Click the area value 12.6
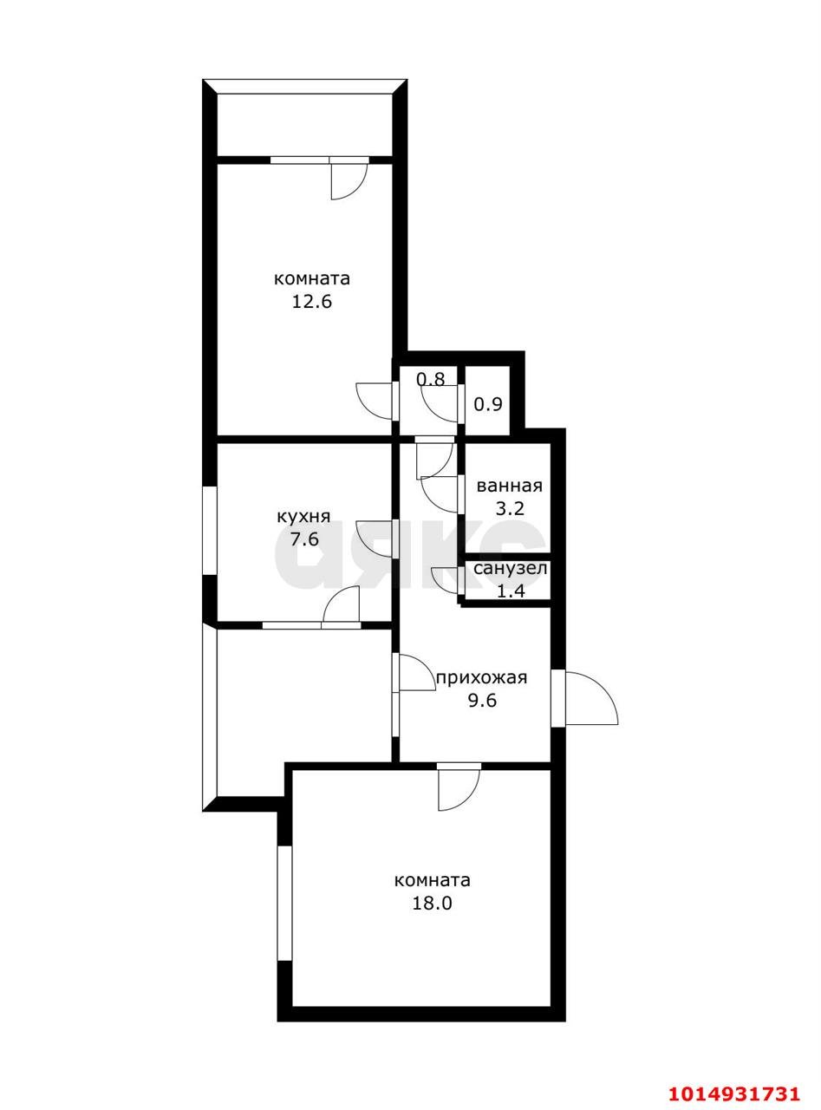[x=312, y=303]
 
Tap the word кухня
[x=303, y=517]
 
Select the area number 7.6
[x=304, y=540]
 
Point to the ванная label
[x=509, y=486]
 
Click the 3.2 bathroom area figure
[x=509, y=509]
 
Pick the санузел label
[x=511, y=569]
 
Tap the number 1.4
[x=511, y=591]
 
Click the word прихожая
[x=482, y=678]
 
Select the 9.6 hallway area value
[x=482, y=701]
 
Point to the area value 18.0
[x=432, y=904]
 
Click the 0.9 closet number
[x=488, y=404]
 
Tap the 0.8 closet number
[x=430, y=379]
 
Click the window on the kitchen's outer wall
[x=209, y=531]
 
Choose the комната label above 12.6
[x=312, y=278]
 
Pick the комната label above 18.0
[x=433, y=880]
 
